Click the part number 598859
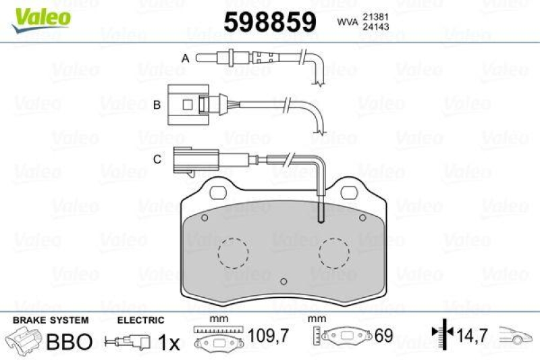pyautogui.click(x=270, y=22)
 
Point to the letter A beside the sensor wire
pyautogui.click(x=185, y=59)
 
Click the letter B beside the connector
pyautogui.click(x=156, y=105)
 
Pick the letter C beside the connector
pyautogui.click(x=156, y=159)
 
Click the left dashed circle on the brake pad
pyautogui.click(x=233, y=253)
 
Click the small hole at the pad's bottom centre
pyautogui.click(x=283, y=281)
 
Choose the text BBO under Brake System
pyautogui.click(x=68, y=341)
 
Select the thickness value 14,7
pyautogui.click(x=473, y=335)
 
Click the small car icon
pyautogui.click(x=516, y=335)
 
